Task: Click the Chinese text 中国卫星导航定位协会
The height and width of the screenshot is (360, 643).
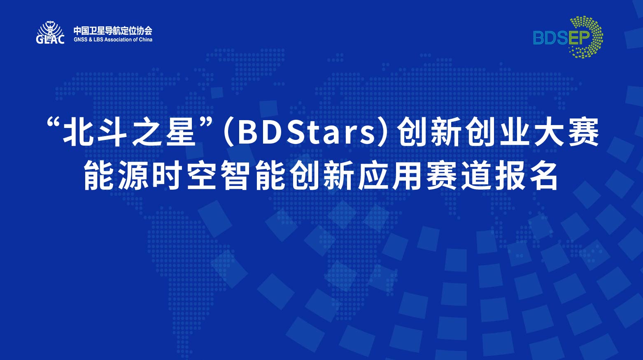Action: coord(113,30)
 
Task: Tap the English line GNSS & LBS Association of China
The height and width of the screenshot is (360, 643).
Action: coord(113,39)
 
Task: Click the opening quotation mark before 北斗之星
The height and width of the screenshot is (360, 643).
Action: coord(54,123)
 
